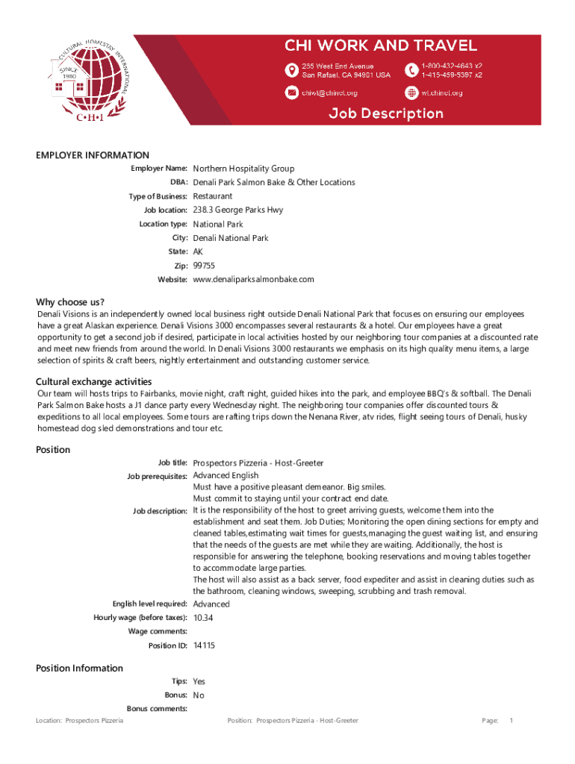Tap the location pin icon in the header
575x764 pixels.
tap(292, 70)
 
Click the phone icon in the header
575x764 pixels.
tap(411, 70)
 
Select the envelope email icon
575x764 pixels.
tap(292, 93)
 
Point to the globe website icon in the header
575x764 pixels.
tap(411, 93)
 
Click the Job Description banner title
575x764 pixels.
tap(387, 113)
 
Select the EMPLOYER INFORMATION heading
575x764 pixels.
tap(93, 155)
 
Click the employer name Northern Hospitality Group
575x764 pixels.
tap(243, 169)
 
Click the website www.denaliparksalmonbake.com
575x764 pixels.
tap(253, 279)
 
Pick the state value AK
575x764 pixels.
tap(199, 251)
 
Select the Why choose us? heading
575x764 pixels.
tap(70, 302)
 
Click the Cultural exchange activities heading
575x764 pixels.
tap(94, 382)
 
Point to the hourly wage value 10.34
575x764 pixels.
tap(203, 618)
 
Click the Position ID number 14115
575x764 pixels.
tap(204, 645)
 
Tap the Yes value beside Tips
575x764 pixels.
tap(199, 681)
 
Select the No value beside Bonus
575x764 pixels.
tap(199, 695)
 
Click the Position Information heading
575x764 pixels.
tap(79, 668)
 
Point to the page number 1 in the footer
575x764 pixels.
tap(511, 721)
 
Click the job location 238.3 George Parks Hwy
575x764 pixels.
tap(238, 210)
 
